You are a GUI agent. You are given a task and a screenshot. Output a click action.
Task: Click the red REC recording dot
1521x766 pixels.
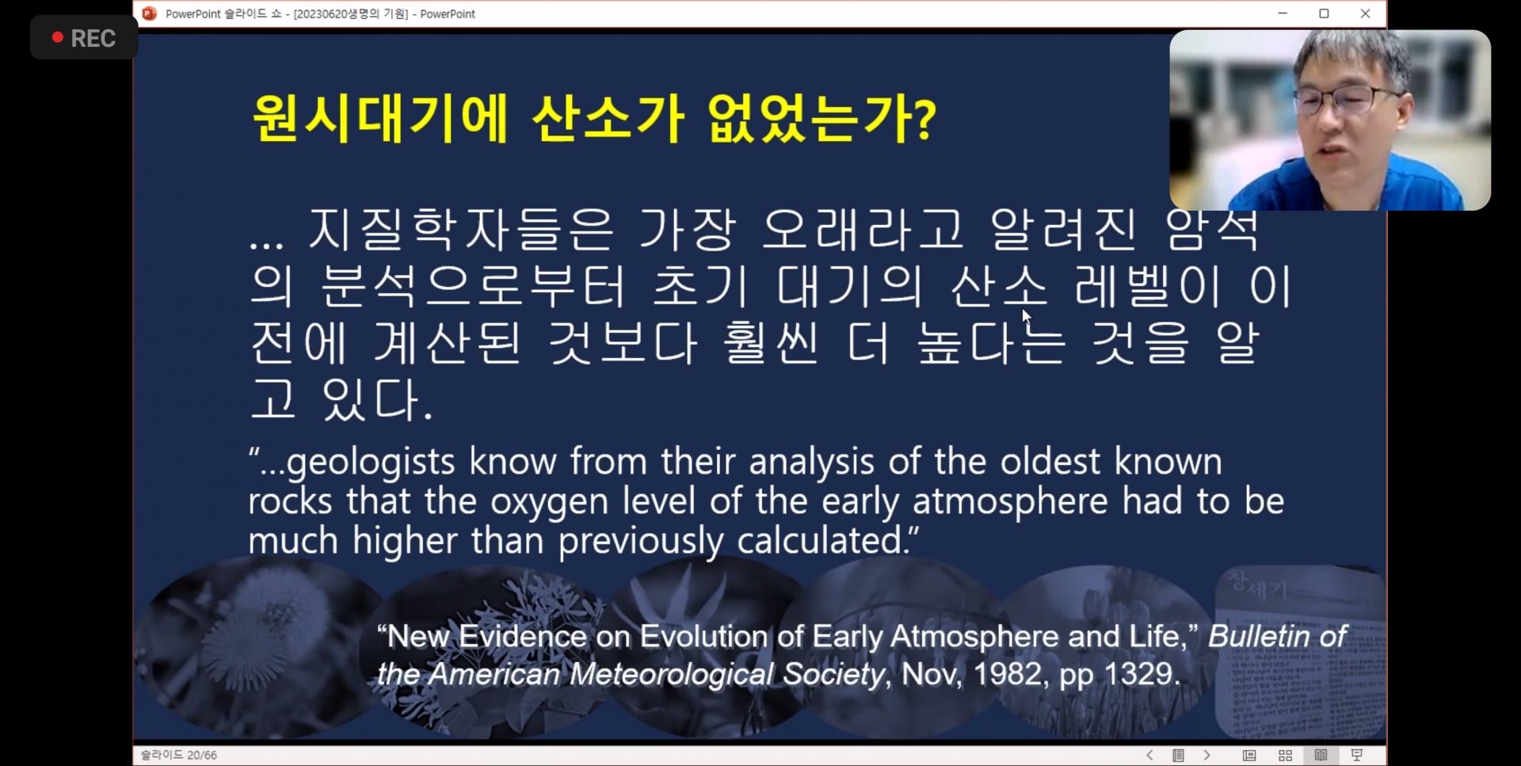pyautogui.click(x=57, y=37)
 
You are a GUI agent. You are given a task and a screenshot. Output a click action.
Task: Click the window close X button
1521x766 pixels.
pyautogui.click(x=1365, y=13)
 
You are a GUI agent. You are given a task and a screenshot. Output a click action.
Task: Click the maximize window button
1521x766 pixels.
pyautogui.click(x=1324, y=13)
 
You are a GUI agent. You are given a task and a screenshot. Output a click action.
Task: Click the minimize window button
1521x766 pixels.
pyautogui.click(x=1283, y=13)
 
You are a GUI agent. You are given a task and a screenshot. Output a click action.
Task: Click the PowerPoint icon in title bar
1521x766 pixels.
pyautogui.click(x=149, y=13)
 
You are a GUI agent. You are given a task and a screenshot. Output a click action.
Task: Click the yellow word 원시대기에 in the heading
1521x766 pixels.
pyautogui.click(x=379, y=119)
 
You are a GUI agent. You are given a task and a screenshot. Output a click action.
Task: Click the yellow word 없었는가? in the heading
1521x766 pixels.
pyautogui.click(x=821, y=119)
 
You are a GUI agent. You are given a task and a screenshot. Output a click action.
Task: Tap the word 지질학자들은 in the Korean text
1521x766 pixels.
pyautogui.click(x=460, y=230)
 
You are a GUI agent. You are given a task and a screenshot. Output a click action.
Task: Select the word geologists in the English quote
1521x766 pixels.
pyautogui.click(x=370, y=462)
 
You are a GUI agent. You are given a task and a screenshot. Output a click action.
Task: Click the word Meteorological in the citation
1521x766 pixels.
pyautogui.click(x=671, y=674)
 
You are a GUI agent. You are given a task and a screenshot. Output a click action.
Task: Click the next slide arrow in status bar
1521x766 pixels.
pyautogui.click(x=1207, y=755)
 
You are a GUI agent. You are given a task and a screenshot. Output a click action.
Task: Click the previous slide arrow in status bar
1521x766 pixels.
pyautogui.click(x=1149, y=755)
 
